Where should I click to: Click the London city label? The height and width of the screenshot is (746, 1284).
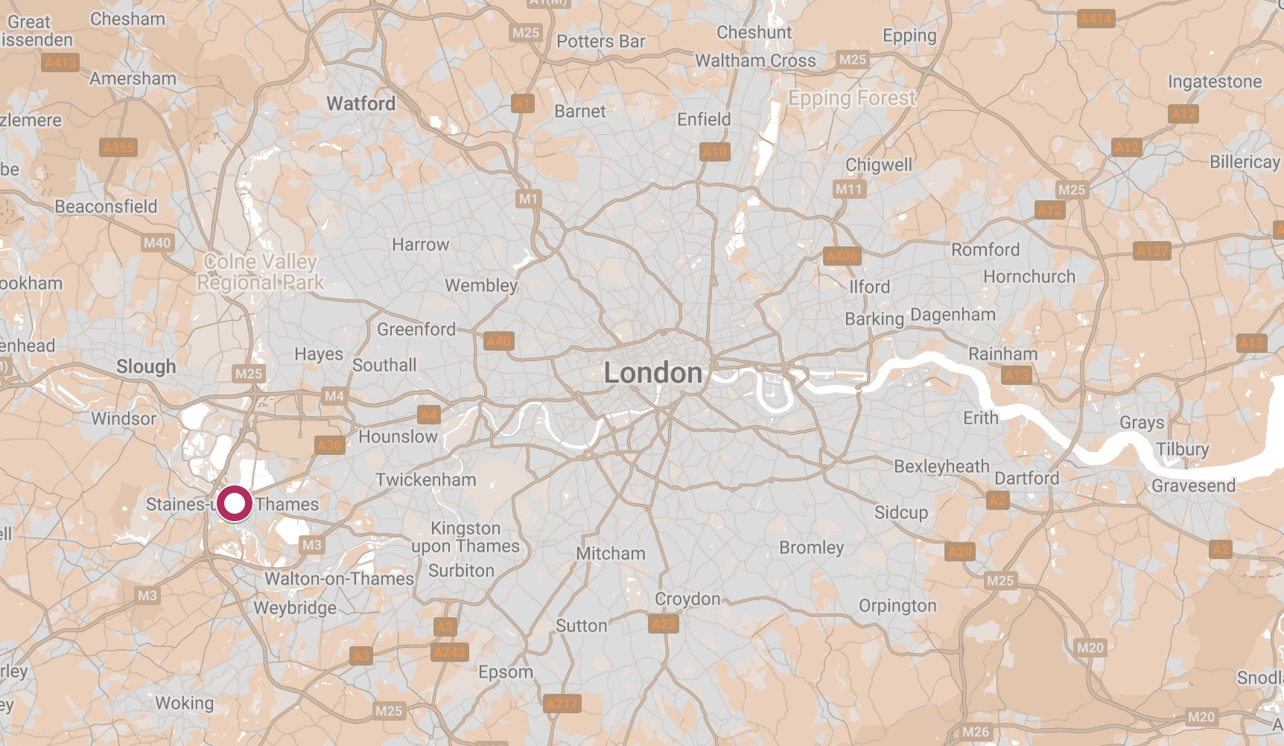[652, 373]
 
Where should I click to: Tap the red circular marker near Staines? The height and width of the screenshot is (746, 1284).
[235, 504]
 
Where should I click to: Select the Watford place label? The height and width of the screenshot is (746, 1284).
[361, 103]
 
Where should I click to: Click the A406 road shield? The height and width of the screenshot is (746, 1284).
[842, 256]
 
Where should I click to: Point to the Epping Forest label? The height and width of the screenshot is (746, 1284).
[852, 98]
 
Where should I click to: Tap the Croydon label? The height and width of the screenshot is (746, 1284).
[687, 599]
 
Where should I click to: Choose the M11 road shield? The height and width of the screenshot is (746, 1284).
[848, 189]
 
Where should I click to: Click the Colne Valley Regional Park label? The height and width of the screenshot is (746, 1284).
[260, 272]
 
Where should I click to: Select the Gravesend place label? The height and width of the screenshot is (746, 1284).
[1193, 485]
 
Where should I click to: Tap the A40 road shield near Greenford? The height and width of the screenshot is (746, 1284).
[498, 341]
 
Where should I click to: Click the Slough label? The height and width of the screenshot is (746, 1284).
[146, 366]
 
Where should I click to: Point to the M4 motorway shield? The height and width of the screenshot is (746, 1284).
[334, 396]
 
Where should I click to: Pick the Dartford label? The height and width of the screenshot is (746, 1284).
[1026, 478]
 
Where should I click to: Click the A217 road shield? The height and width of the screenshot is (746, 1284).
[562, 704]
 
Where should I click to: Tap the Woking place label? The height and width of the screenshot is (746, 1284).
[184, 703]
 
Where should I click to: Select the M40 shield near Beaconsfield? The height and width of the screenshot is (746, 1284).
[157, 243]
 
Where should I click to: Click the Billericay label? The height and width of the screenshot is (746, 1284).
[1244, 162]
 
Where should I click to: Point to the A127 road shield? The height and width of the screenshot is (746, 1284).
[1151, 251]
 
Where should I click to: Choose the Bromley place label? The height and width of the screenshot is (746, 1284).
[811, 547]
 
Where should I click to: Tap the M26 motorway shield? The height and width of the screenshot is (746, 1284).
[976, 732]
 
